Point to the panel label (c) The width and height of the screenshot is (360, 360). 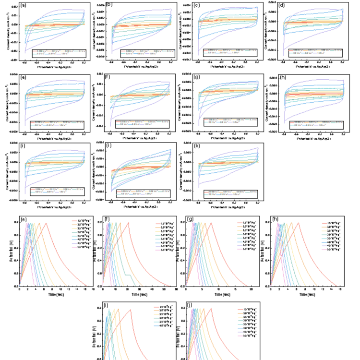click(x=197, y=6)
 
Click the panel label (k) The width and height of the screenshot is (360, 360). click(x=198, y=145)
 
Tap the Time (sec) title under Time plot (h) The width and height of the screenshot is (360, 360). click(x=308, y=294)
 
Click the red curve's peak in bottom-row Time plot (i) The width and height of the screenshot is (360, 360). click(x=130, y=310)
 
